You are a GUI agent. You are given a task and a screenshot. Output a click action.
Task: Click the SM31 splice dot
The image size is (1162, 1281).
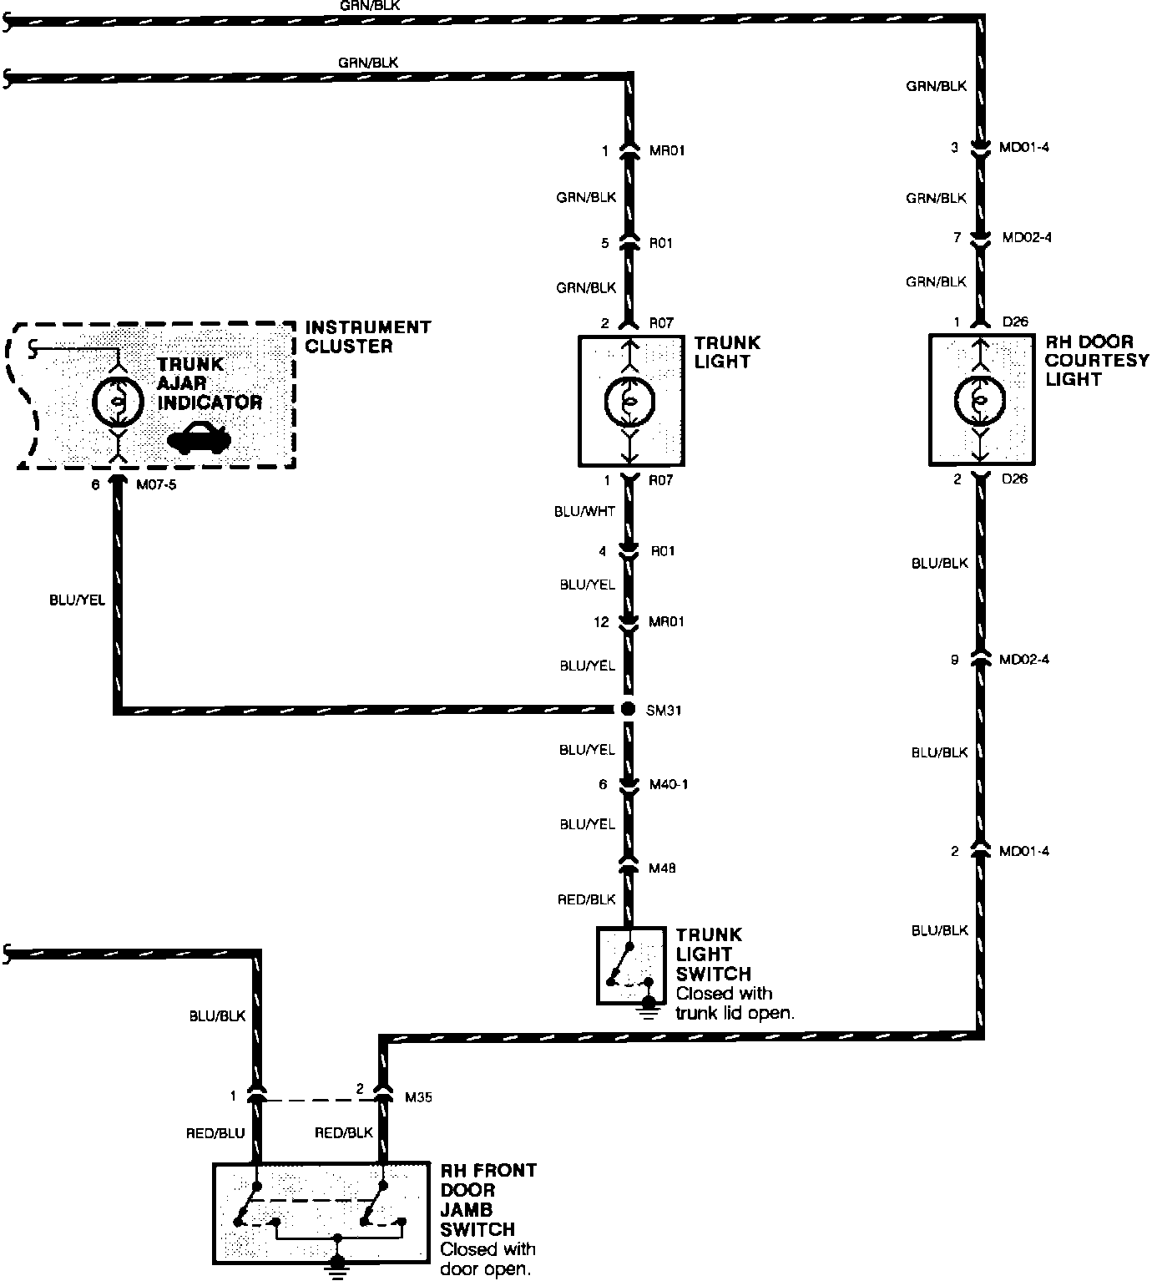pyautogui.click(x=629, y=709)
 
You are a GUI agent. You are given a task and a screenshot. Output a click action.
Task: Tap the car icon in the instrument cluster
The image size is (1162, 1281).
pyautogui.click(x=198, y=438)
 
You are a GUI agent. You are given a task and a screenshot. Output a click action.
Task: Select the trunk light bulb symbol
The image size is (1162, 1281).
pyautogui.click(x=630, y=402)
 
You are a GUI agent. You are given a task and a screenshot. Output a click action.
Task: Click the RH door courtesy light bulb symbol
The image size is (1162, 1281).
pyautogui.click(x=982, y=400)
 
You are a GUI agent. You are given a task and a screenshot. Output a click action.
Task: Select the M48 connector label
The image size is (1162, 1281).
pyautogui.click(x=662, y=868)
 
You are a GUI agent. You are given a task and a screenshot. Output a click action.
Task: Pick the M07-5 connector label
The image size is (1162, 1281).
pyautogui.click(x=156, y=484)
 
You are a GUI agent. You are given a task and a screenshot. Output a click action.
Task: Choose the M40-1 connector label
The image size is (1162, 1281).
pyautogui.click(x=669, y=784)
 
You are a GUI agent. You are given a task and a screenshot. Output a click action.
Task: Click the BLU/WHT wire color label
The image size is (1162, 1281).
pyautogui.click(x=584, y=512)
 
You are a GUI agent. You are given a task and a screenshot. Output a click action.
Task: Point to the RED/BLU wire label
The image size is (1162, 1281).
pyautogui.click(x=216, y=1133)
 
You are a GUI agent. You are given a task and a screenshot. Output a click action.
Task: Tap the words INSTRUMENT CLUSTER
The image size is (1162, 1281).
pyautogui.click(x=367, y=337)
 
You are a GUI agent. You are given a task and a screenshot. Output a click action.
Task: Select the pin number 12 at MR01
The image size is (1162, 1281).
pyautogui.click(x=602, y=622)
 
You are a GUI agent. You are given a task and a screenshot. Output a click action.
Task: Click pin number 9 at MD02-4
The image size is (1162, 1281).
pyautogui.click(x=954, y=660)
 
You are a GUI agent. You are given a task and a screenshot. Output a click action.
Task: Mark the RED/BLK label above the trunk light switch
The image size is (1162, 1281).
pyautogui.click(x=586, y=899)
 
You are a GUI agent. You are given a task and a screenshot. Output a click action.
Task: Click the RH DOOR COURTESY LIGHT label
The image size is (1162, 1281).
pyautogui.click(x=1096, y=361)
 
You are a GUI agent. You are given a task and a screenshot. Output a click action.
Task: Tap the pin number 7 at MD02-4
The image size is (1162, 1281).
pyautogui.click(x=957, y=238)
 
